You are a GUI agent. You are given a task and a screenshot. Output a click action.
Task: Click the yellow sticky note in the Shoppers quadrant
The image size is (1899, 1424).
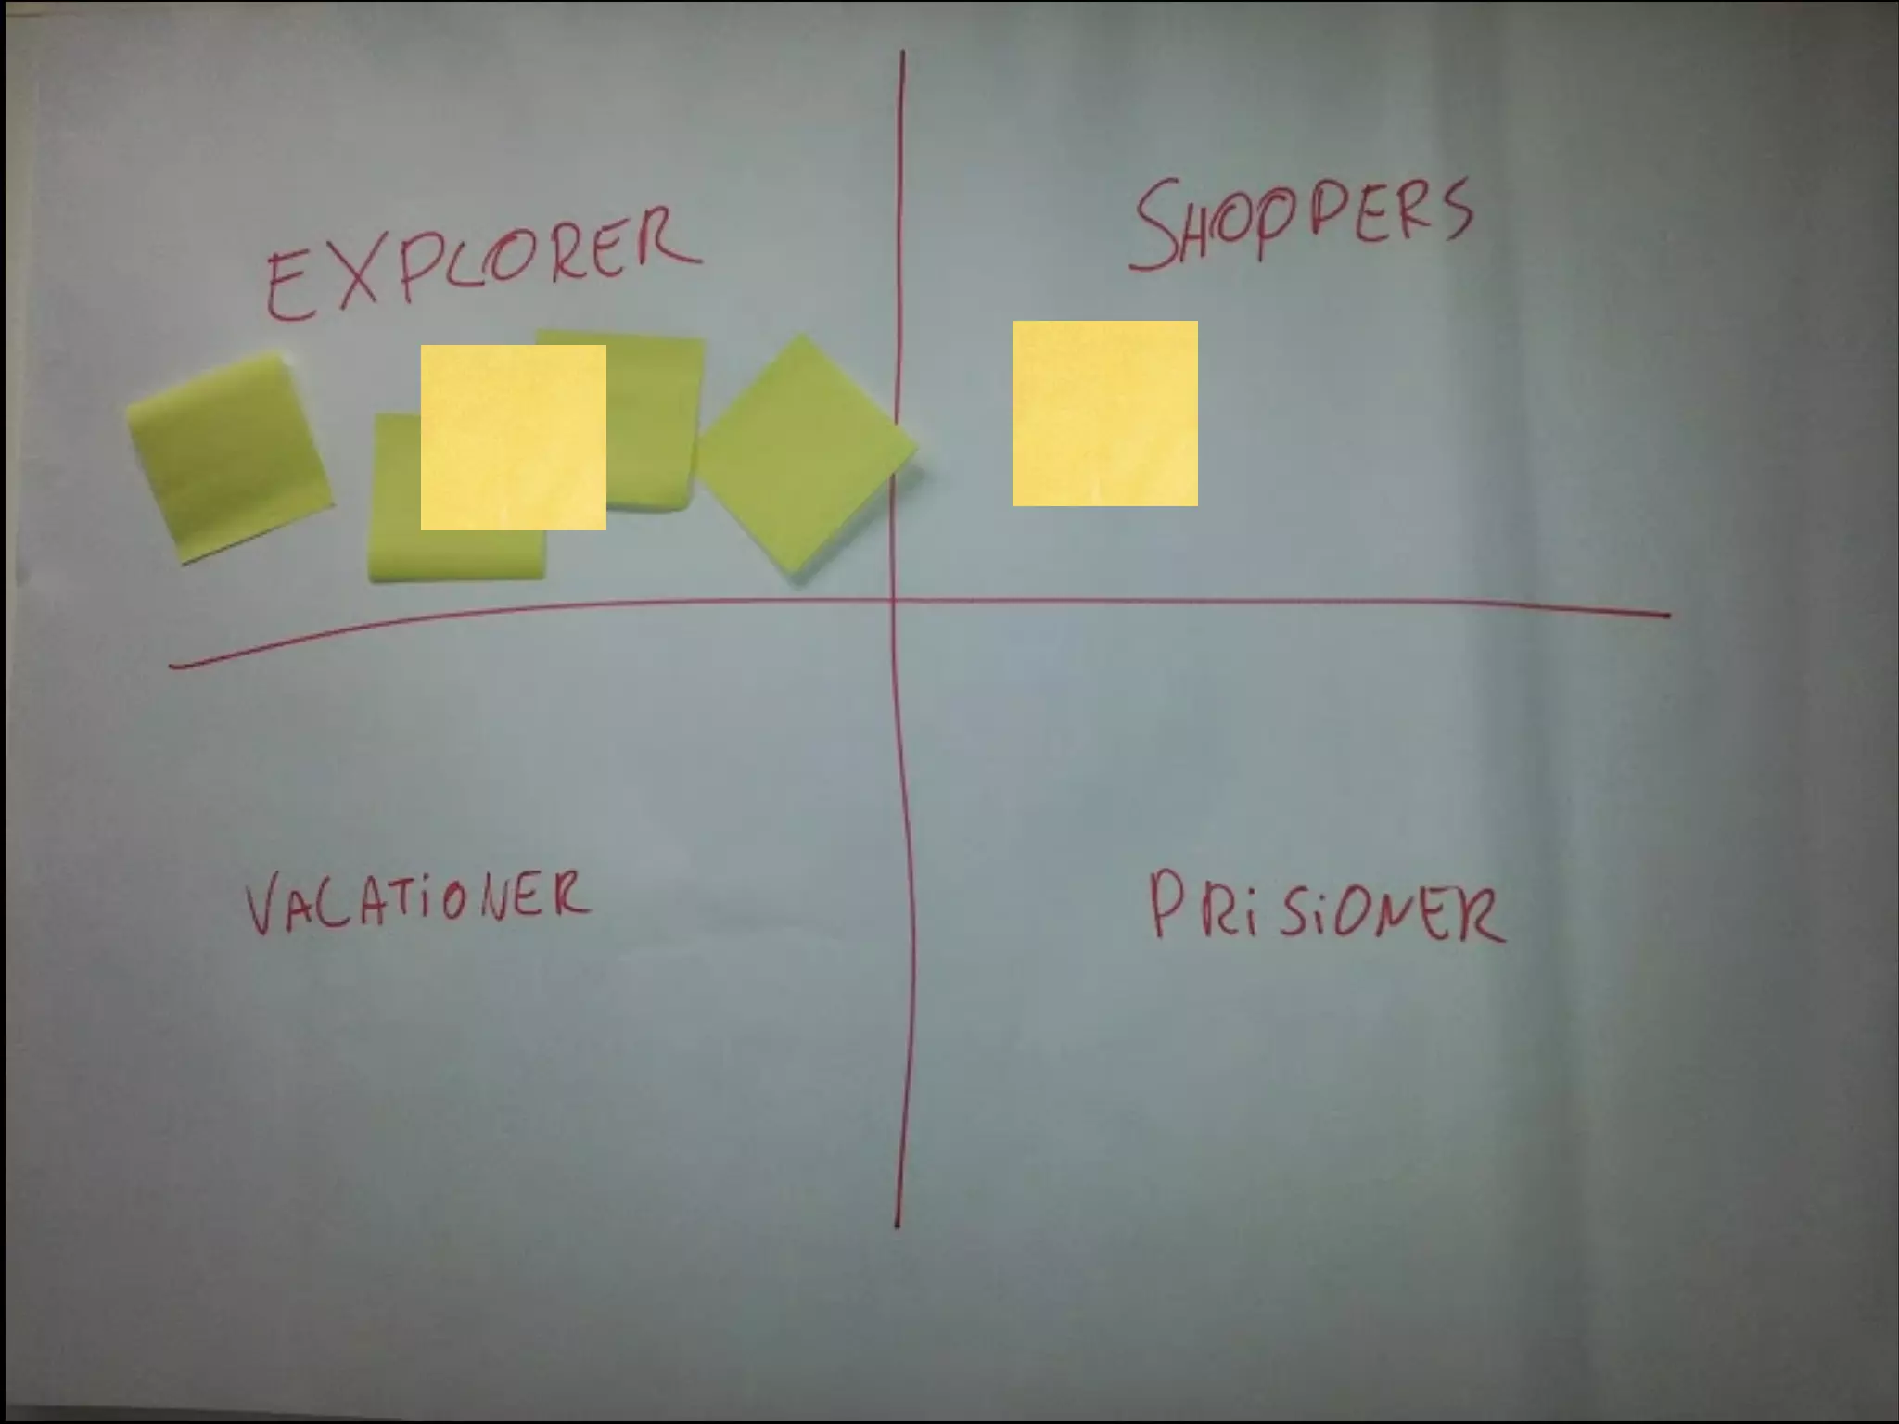1104,413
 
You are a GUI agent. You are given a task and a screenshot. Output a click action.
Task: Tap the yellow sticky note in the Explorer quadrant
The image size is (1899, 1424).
513,438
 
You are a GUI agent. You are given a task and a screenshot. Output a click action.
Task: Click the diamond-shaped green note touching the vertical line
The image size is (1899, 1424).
802,454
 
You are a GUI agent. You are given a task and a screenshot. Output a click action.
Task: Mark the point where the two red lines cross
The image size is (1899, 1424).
894,601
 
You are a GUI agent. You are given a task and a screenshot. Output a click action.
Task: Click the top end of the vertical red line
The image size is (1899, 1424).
902,54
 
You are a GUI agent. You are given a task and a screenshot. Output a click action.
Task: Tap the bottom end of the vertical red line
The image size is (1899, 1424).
897,1227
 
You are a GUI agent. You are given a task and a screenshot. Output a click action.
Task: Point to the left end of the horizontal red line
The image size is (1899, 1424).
172,665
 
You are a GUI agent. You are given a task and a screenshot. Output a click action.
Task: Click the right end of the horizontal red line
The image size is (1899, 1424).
1667,614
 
